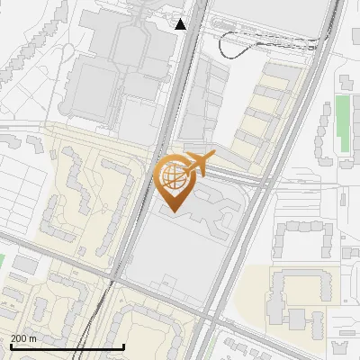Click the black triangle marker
pyautogui.click(x=181, y=24)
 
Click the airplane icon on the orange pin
pyautogui.click(x=198, y=163)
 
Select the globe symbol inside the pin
pyautogui.click(x=174, y=174)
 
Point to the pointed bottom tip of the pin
pyautogui.click(x=174, y=211)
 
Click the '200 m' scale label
pyautogui.click(x=24, y=338)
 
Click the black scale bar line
pyautogui.click(x=67, y=346)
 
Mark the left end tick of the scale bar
pyautogui.click(x=10, y=346)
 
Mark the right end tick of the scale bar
pyautogui.click(x=123, y=346)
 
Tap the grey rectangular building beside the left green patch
pyautogui.click(x=24, y=266)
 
